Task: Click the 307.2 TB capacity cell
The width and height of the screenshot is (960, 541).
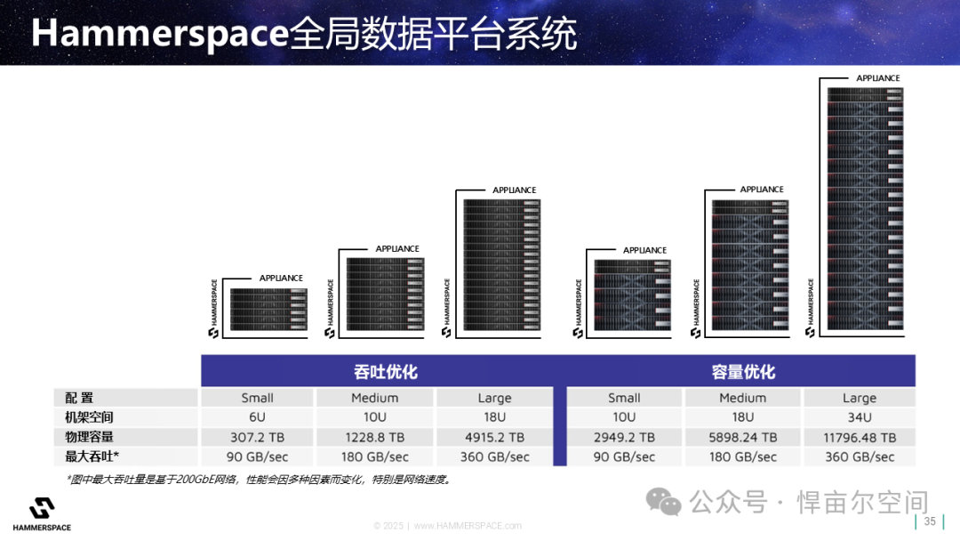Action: (257, 438)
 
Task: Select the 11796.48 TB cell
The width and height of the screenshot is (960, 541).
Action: (860, 438)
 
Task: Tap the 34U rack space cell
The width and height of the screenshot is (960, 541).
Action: (860, 417)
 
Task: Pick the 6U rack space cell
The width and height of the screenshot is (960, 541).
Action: (257, 417)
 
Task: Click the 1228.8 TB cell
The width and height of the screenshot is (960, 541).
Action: (375, 438)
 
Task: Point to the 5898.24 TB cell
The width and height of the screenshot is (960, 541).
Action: (742, 438)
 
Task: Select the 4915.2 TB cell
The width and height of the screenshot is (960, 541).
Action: (495, 438)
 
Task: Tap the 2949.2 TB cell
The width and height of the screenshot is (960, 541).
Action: (624, 438)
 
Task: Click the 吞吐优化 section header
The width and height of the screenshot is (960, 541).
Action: (385, 372)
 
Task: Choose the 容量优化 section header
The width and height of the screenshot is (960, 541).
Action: (743, 372)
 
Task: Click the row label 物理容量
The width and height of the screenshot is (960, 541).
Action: (90, 437)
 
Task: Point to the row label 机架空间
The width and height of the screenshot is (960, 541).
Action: (90, 417)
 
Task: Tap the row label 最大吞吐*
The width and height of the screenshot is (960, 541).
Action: (92, 456)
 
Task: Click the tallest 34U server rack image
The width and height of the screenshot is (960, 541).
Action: (865, 209)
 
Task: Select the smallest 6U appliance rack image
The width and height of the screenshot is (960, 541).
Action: (268, 310)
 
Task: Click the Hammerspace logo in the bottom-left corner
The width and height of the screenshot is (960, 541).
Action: (42, 514)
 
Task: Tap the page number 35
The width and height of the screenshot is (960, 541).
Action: (930, 521)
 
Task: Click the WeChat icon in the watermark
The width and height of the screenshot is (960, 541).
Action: (663, 502)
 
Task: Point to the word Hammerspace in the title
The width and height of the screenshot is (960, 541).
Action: (160, 34)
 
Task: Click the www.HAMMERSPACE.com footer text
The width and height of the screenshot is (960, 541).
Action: (468, 526)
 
